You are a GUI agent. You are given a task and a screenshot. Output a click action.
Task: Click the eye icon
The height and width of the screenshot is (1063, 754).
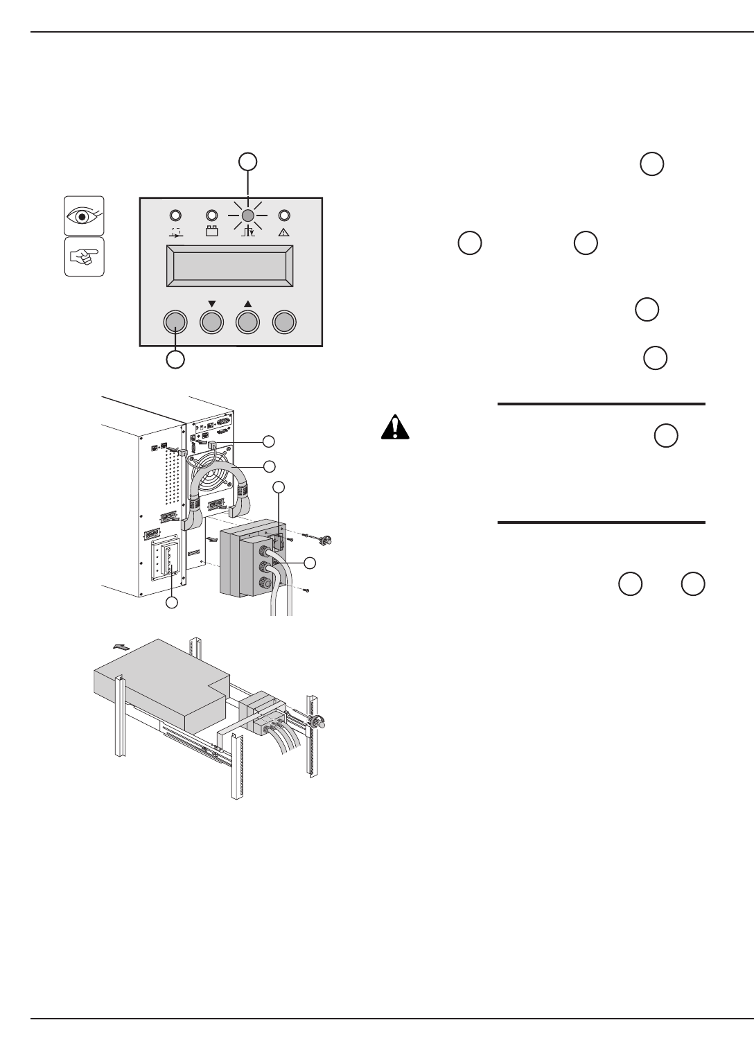tap(84, 215)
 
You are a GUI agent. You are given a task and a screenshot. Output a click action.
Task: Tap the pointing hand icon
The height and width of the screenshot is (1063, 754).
tap(84, 256)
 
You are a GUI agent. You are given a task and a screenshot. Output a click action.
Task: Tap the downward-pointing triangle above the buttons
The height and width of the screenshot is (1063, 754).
tap(212, 304)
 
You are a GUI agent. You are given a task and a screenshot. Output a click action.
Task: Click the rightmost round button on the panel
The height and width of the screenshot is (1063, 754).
tap(284, 322)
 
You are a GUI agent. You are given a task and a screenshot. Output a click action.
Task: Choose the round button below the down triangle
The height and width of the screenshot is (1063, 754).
tap(212, 322)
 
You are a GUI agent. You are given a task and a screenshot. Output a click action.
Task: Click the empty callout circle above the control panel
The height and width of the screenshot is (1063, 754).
tap(247, 161)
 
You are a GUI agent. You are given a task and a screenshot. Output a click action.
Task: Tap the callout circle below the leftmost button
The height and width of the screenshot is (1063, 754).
tap(176, 360)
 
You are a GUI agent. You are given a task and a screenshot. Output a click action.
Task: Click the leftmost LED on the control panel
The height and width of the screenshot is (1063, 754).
tap(176, 216)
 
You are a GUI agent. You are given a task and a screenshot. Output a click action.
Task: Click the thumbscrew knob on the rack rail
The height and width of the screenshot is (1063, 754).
tap(319, 725)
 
